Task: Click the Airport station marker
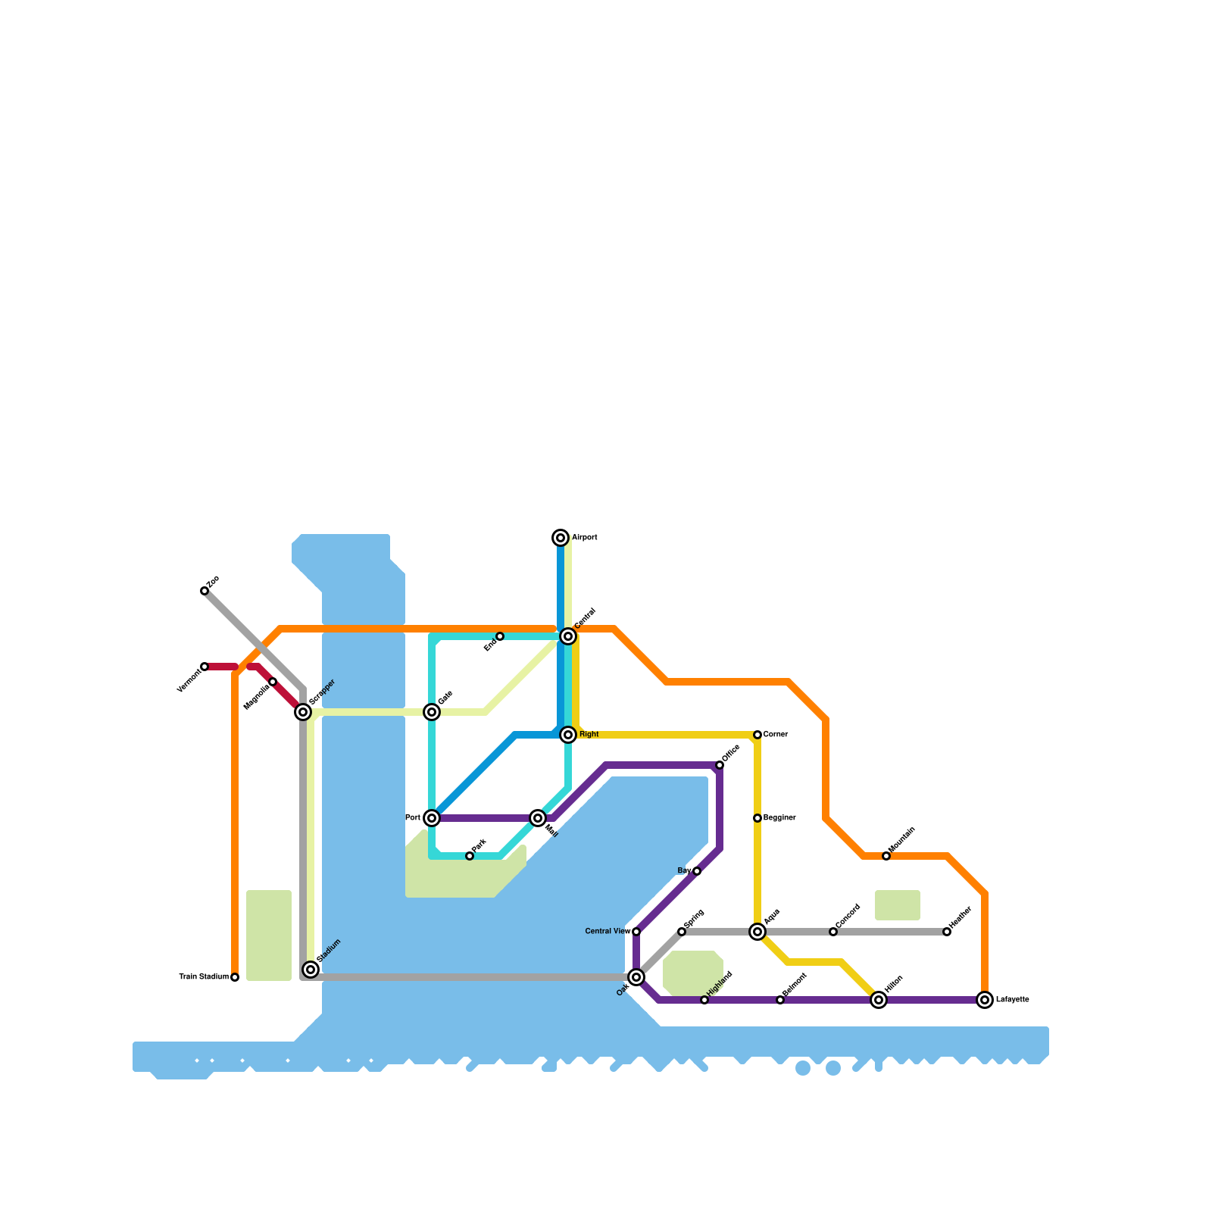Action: click(561, 538)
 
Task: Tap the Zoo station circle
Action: click(205, 591)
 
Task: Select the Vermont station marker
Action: click(205, 667)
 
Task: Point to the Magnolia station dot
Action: click(273, 682)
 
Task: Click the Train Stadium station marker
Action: click(235, 977)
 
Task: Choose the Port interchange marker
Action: click(432, 818)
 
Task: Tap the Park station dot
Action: click(470, 856)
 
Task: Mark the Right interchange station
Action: click(568, 735)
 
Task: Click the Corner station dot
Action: click(757, 735)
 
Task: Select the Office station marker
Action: click(720, 765)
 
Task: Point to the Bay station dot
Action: click(697, 871)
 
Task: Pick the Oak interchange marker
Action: click(636, 977)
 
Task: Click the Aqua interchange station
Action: click(757, 932)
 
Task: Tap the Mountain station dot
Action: click(886, 856)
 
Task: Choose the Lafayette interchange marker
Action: click(985, 1000)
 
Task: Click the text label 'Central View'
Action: click(608, 931)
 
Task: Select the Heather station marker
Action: click(947, 932)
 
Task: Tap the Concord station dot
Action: click(833, 932)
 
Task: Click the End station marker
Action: click(500, 636)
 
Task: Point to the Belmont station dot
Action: click(780, 1000)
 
